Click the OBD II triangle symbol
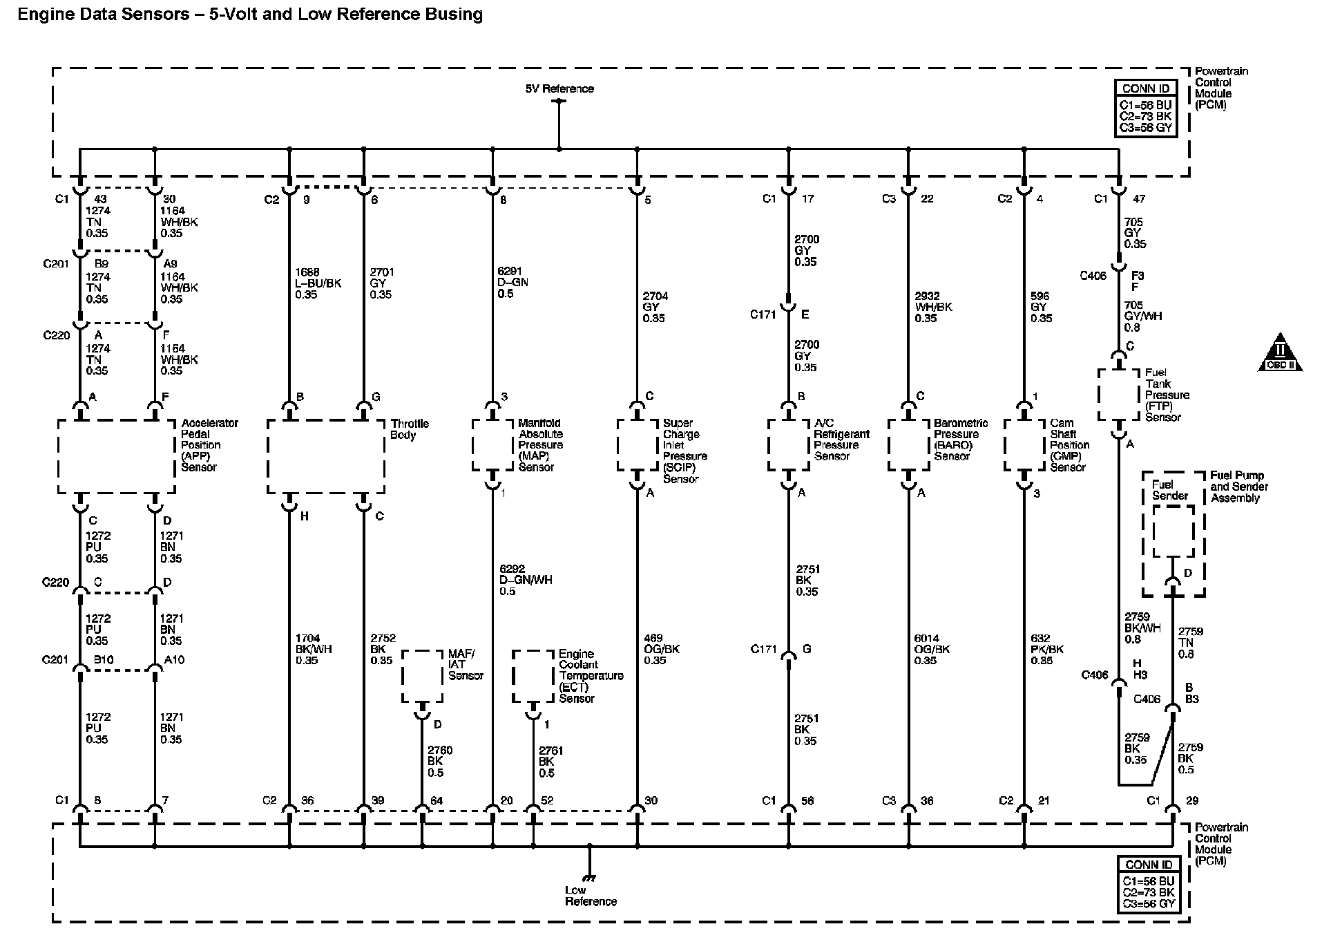1280,353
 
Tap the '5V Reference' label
559,88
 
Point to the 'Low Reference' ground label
590,896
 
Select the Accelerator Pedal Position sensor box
116,456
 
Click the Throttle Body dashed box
325,456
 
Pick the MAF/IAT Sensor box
422,676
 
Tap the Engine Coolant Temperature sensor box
533,676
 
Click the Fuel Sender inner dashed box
1173,531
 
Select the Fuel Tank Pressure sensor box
1118,395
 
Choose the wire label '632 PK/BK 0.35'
1046,649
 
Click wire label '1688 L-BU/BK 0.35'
318,283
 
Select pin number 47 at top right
1139,199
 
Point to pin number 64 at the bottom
437,801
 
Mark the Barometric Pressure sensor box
909,445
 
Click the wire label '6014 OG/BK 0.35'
931,649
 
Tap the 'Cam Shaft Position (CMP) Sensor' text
1069,445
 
